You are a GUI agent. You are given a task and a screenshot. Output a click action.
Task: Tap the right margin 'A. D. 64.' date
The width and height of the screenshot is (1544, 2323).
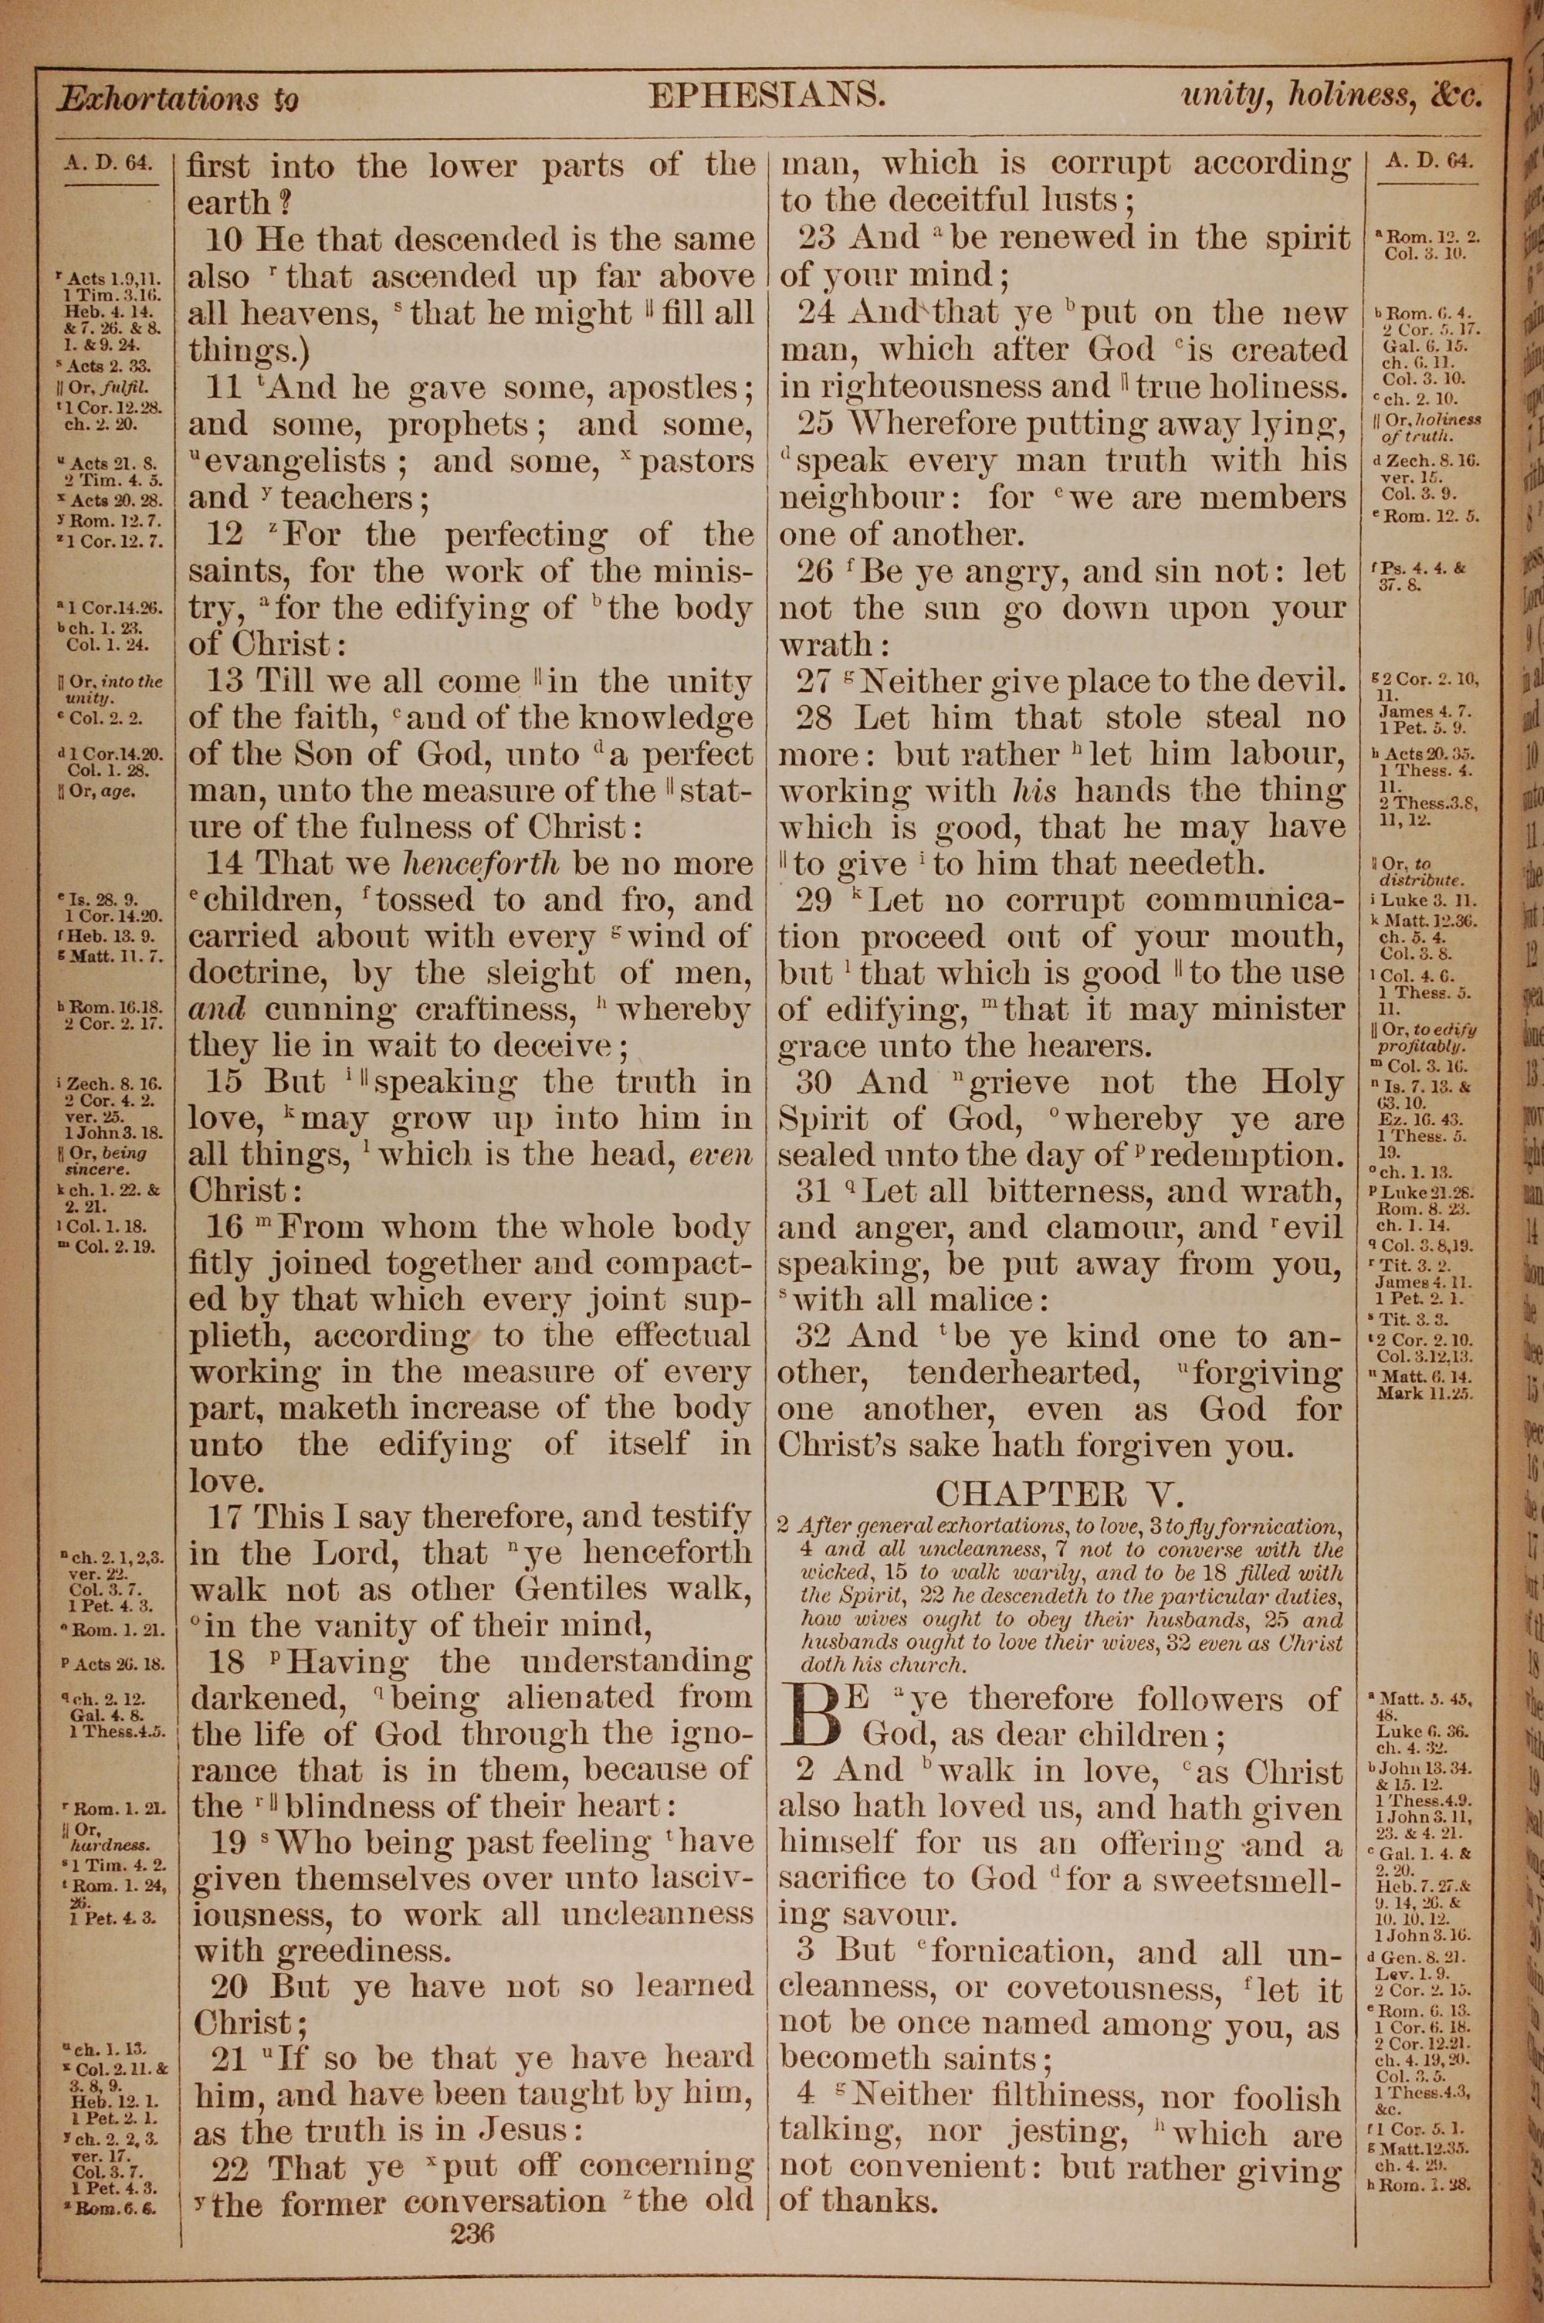(1429, 160)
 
